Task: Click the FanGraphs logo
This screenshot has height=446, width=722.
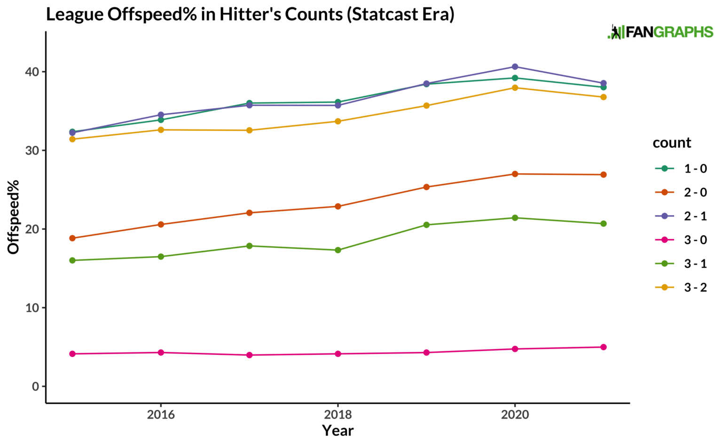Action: click(x=660, y=32)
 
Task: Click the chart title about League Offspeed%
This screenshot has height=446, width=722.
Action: click(x=250, y=15)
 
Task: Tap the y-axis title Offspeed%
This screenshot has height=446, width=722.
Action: click(x=13, y=217)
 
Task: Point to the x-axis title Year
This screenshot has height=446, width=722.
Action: click(x=337, y=430)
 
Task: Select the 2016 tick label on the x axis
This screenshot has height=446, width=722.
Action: click(x=161, y=415)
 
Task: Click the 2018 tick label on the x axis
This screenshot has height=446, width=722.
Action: click(x=337, y=415)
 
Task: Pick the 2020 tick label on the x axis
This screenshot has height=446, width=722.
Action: click(x=515, y=415)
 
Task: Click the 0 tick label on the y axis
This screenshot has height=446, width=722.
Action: click(x=36, y=386)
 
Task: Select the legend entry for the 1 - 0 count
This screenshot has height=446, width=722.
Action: click(x=681, y=169)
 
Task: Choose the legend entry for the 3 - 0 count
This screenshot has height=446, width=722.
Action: click(x=681, y=240)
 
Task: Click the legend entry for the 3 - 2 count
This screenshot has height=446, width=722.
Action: click(x=681, y=287)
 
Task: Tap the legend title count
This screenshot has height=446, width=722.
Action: click(x=672, y=143)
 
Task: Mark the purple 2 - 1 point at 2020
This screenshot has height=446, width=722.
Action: click(x=515, y=67)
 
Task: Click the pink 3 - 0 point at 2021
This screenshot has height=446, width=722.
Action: click(x=604, y=347)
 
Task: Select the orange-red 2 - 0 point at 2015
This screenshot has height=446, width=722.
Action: click(x=72, y=238)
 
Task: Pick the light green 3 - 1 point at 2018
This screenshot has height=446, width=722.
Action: click(x=338, y=250)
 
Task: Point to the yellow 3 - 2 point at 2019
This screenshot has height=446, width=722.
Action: click(x=426, y=106)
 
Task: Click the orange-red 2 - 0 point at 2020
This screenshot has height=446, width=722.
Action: click(x=515, y=174)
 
